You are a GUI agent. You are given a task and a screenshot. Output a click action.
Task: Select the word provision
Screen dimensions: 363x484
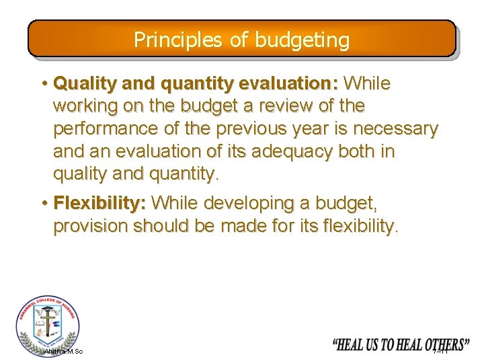(x=90, y=226)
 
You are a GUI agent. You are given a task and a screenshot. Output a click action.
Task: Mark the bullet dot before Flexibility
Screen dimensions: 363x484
(x=44, y=203)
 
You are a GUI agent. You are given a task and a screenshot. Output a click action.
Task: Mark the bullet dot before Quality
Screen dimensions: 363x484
(x=44, y=84)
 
